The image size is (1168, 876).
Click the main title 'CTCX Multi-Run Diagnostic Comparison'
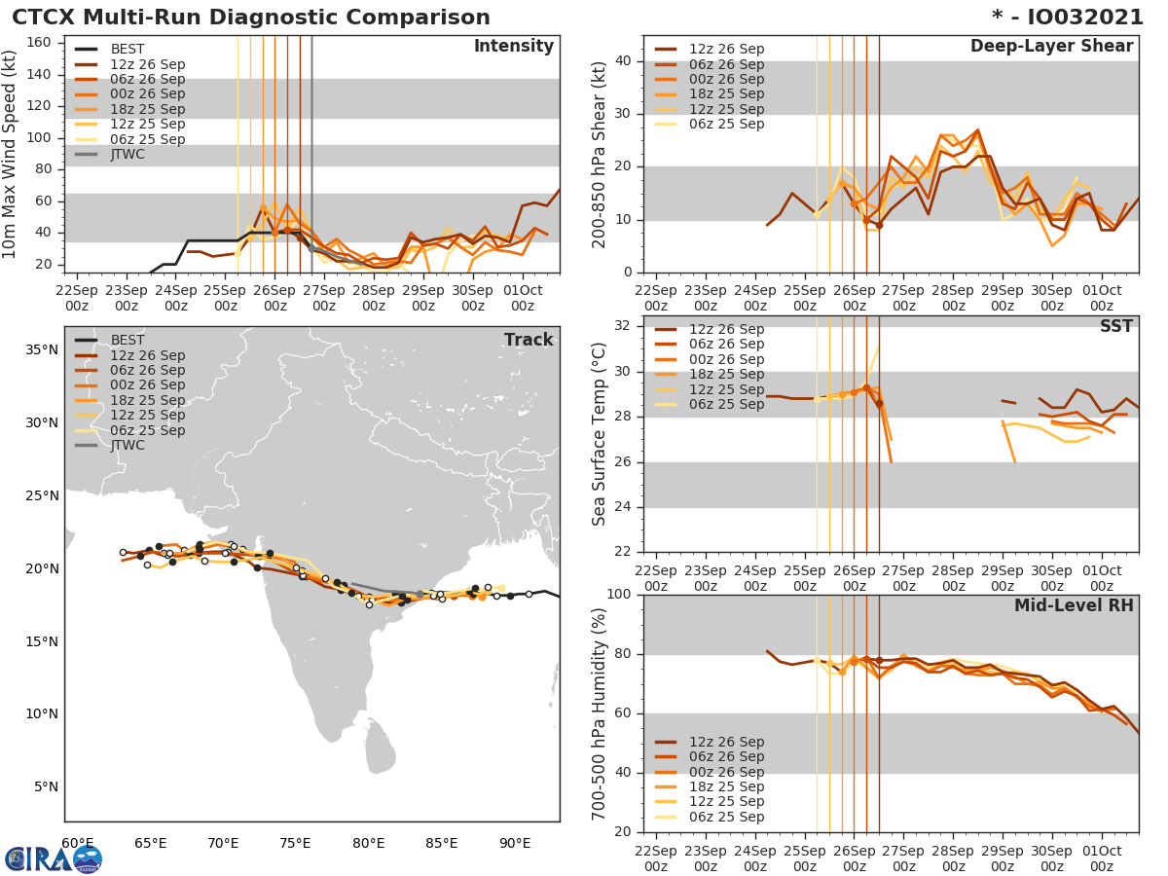point(251,18)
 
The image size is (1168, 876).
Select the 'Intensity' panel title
point(513,47)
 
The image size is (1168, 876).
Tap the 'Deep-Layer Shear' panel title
point(1051,47)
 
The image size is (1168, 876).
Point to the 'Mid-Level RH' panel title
point(1074,605)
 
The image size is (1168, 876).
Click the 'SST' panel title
point(1116,326)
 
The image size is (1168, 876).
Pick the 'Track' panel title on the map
point(529,340)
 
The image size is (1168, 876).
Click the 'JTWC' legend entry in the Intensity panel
point(128,154)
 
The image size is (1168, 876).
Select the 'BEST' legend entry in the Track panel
point(128,340)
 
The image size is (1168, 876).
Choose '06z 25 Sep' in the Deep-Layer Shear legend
point(726,124)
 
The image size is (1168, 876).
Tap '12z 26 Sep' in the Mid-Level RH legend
point(726,742)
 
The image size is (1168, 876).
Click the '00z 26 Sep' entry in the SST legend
point(726,359)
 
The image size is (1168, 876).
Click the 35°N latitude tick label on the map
point(40,350)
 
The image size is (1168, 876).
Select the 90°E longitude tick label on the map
point(515,843)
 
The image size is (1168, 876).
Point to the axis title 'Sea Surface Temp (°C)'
point(600,433)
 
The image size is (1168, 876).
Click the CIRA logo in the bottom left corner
point(54,858)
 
